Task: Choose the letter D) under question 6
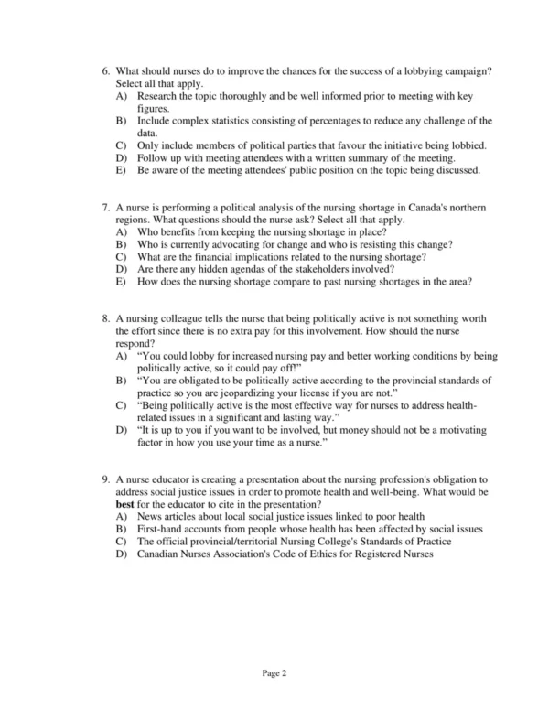click(x=121, y=157)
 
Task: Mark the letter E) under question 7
click(x=121, y=282)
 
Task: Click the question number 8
click(x=106, y=318)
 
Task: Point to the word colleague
click(x=188, y=318)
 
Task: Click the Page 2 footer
click(x=274, y=674)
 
